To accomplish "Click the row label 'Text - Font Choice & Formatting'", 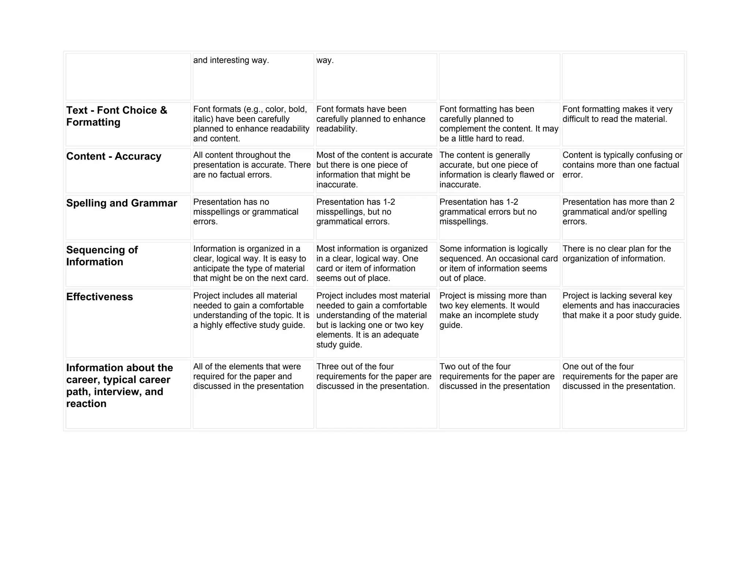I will click(x=116, y=116).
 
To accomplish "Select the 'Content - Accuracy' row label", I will click(x=114, y=156).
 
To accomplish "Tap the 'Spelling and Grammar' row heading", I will click(x=122, y=203).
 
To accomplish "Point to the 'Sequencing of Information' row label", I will click(x=102, y=256).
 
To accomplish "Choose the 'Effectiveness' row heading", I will click(x=99, y=297).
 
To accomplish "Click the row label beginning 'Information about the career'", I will click(x=119, y=385).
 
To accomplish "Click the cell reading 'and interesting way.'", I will click(x=231, y=60).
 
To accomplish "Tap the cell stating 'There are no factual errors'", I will click(x=252, y=165).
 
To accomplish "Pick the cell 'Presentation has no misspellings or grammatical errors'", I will click(x=246, y=212).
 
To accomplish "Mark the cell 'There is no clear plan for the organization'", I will click(x=617, y=254).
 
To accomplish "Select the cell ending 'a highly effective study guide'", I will click(x=251, y=310).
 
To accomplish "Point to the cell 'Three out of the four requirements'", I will click(x=374, y=376).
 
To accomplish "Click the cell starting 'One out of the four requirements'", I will click(x=620, y=376).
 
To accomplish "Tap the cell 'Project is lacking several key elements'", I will click(x=621, y=306).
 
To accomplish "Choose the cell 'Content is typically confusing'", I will click(x=622, y=165).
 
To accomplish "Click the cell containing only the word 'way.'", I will click(x=325, y=60).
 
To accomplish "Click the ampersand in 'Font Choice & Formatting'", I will click(x=163, y=110).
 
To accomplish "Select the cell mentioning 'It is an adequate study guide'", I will click(x=373, y=320).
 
